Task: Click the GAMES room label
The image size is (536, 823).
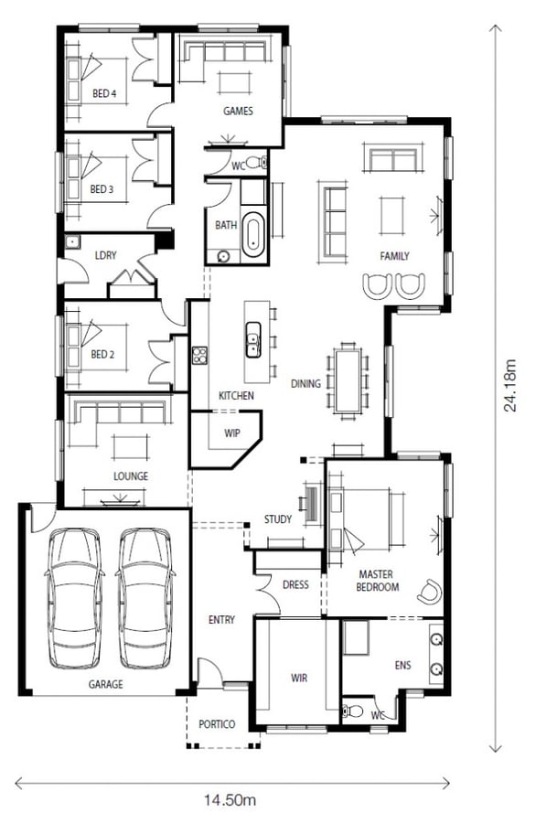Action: [238, 111]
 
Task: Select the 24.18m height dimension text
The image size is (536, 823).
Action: [509, 385]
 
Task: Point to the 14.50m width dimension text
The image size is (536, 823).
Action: [230, 800]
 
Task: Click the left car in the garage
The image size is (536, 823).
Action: [73, 598]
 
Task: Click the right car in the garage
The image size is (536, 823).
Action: [145, 598]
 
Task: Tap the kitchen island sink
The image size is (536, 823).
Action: [253, 339]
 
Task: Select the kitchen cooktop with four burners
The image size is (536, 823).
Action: [199, 356]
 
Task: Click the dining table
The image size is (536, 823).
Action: [348, 380]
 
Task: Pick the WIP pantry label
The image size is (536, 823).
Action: [232, 433]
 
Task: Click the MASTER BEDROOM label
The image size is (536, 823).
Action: [377, 581]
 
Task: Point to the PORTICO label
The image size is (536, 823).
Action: [217, 724]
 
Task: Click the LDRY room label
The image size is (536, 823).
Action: [105, 255]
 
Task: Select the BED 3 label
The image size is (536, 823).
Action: [102, 189]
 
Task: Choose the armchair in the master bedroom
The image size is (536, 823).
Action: [430, 591]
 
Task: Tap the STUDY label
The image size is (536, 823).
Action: [278, 519]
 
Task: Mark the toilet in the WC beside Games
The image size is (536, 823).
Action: [257, 164]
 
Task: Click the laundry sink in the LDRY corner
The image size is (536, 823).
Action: [72, 242]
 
